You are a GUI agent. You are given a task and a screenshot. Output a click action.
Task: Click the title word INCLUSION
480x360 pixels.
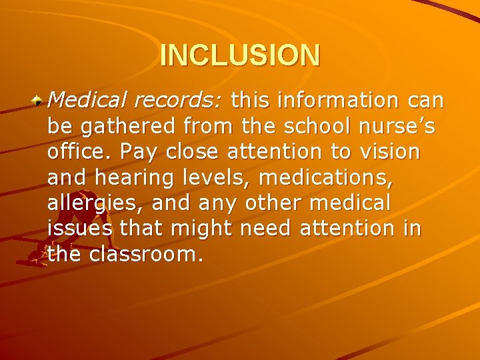click(x=240, y=55)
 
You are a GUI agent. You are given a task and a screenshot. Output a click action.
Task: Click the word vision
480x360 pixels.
click(x=389, y=151)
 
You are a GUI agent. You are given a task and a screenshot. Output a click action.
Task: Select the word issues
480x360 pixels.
click(x=80, y=228)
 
